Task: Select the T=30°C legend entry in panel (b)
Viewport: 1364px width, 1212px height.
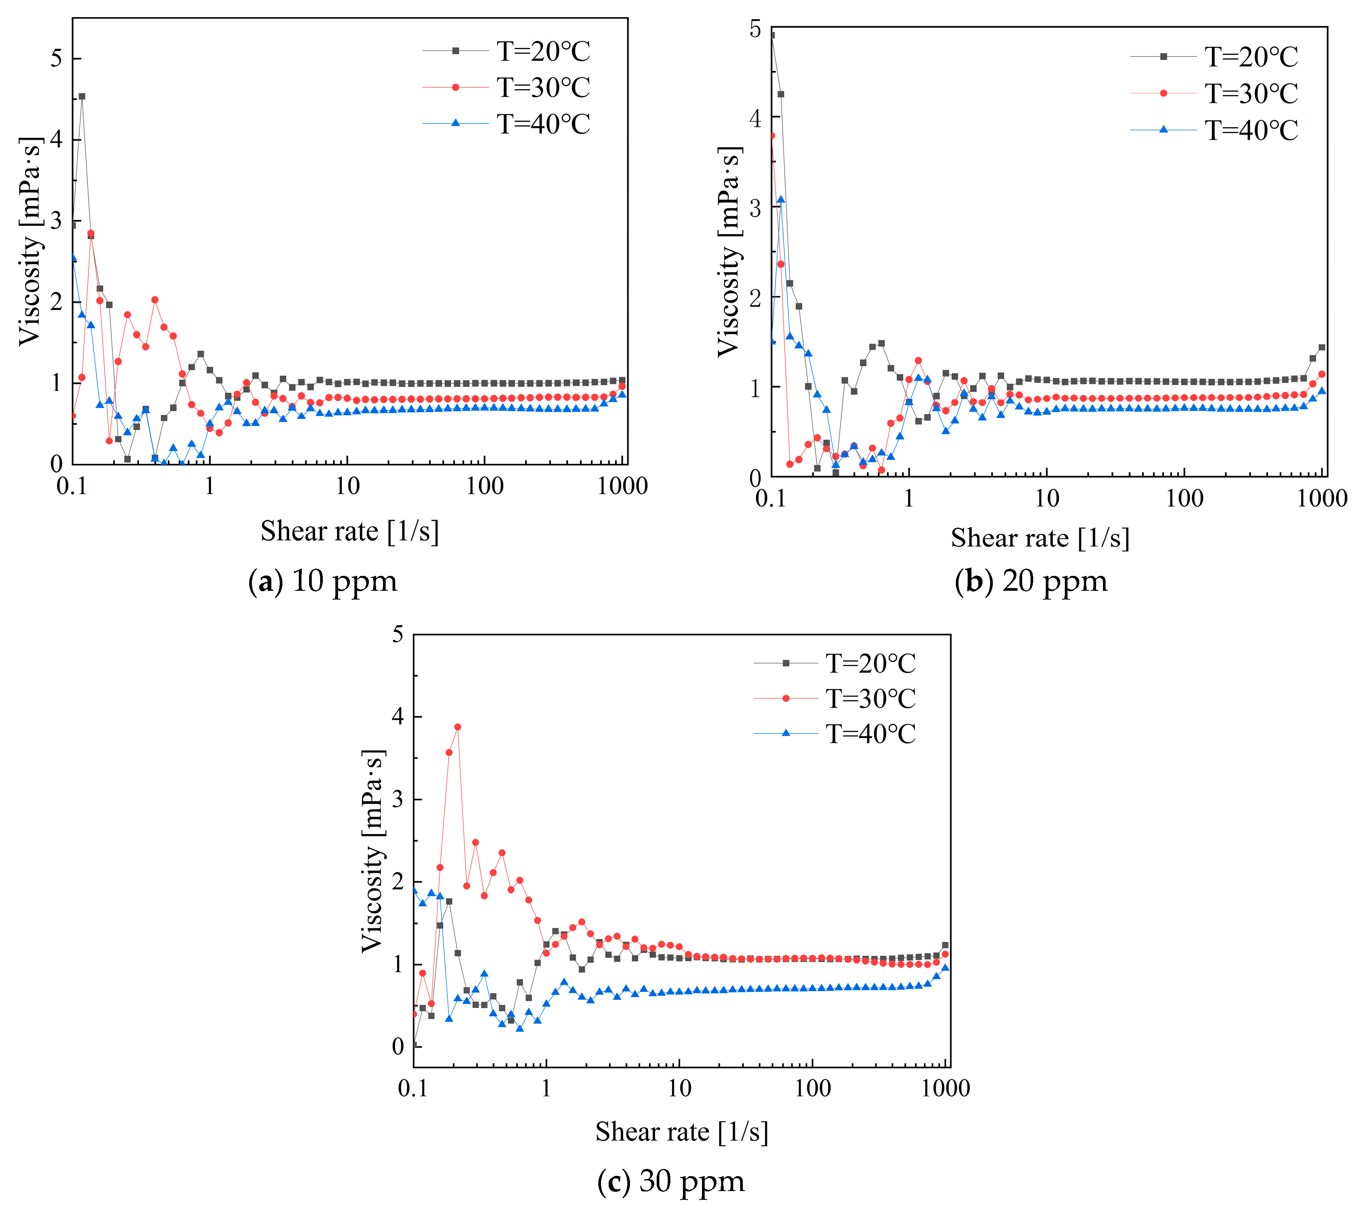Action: (x=1250, y=93)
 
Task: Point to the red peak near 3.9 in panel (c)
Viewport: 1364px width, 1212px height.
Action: (x=457, y=727)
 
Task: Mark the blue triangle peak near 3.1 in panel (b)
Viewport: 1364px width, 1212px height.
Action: (x=781, y=200)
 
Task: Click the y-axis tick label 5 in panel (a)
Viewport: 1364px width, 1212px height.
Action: (x=57, y=59)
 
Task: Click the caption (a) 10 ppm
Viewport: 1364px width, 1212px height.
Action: (x=323, y=581)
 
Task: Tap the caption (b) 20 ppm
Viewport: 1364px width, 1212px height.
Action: (x=1031, y=581)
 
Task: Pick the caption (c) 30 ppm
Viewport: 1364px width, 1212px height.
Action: (x=671, y=1181)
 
